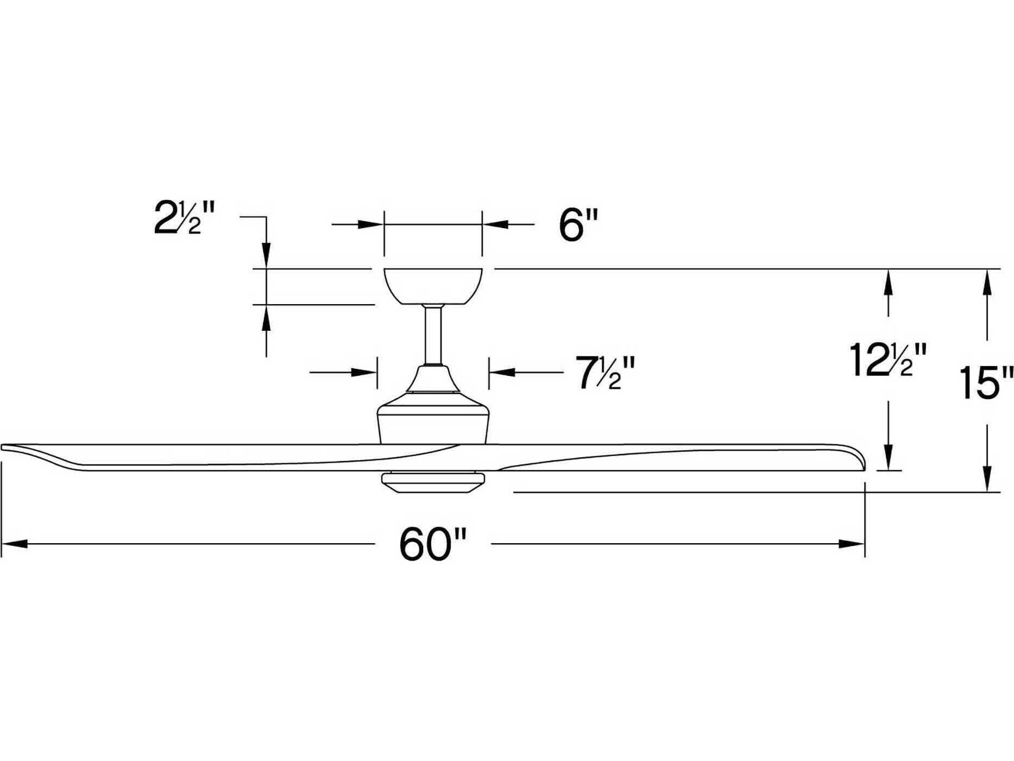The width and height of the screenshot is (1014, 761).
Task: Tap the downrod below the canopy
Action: click(x=433, y=335)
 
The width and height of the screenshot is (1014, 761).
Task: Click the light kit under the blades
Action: click(x=433, y=481)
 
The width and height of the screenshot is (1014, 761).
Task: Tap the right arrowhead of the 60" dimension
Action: click(x=852, y=544)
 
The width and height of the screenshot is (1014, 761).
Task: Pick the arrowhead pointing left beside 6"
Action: click(x=495, y=224)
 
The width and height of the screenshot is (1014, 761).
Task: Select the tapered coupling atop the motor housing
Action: click(x=433, y=379)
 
